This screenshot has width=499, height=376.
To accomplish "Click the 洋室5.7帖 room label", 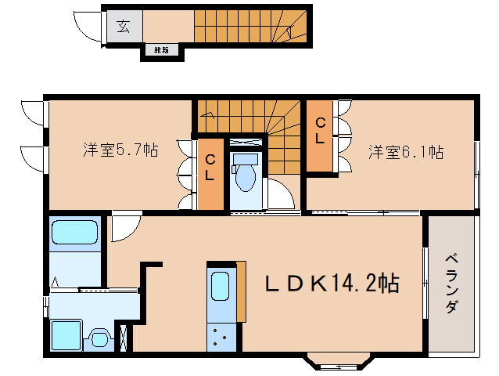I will (120, 150).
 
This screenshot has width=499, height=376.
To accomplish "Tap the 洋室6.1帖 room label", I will (406, 151).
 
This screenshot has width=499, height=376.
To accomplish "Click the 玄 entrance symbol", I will (123, 26).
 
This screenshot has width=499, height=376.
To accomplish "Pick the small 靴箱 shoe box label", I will (161, 52).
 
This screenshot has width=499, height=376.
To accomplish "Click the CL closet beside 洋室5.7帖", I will (210, 168).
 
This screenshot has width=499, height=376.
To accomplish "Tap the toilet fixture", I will (245, 175).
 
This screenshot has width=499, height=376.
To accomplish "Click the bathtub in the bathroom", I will (74, 234).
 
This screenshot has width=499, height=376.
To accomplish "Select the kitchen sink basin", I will (220, 287).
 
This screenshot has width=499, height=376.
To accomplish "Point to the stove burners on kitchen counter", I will (221, 339).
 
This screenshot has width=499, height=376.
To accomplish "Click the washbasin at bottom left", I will (99, 339).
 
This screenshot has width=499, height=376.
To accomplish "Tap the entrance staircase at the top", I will (250, 25).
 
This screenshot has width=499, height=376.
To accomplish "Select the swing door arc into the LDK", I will (123, 227).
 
